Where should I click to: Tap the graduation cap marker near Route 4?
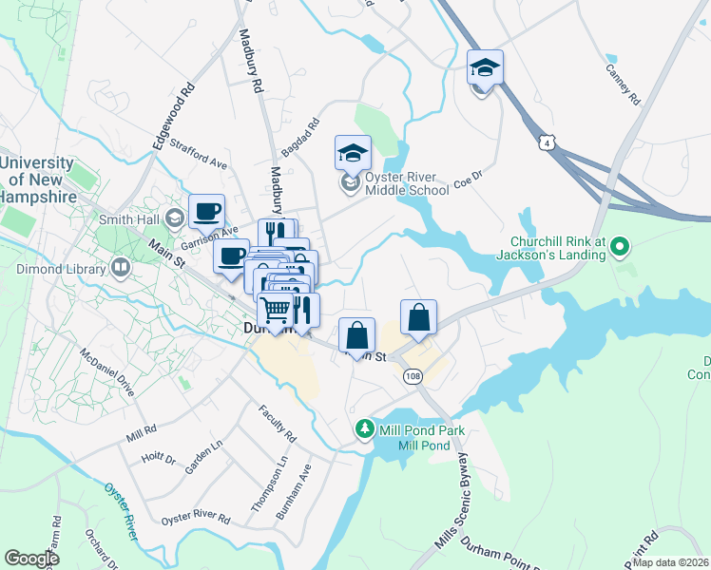click(485, 68)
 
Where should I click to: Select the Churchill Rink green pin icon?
click(620, 247)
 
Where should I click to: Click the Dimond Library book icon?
click(120, 268)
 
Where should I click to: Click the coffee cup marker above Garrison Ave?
click(206, 212)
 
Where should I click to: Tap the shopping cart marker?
click(276, 310)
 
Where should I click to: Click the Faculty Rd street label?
click(278, 424)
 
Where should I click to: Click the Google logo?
click(31, 559)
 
